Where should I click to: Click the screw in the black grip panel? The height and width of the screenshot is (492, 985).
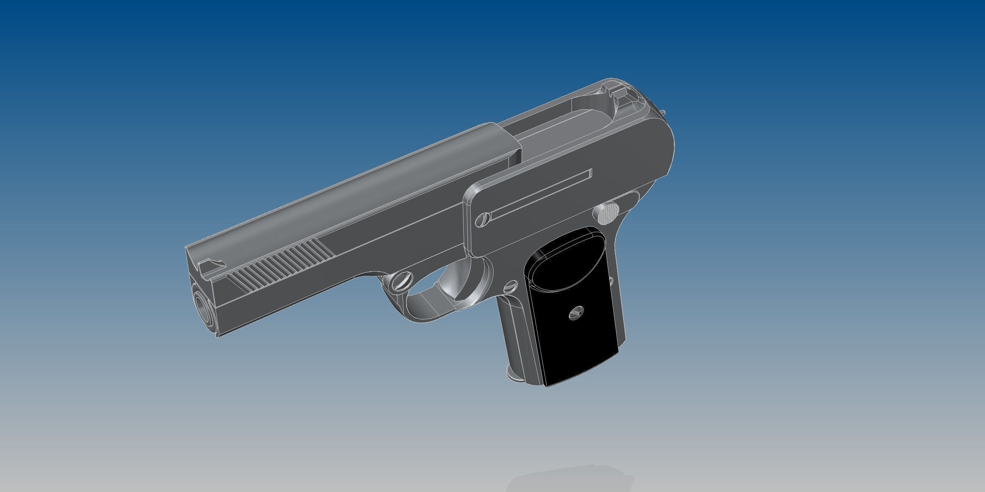[576, 313]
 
